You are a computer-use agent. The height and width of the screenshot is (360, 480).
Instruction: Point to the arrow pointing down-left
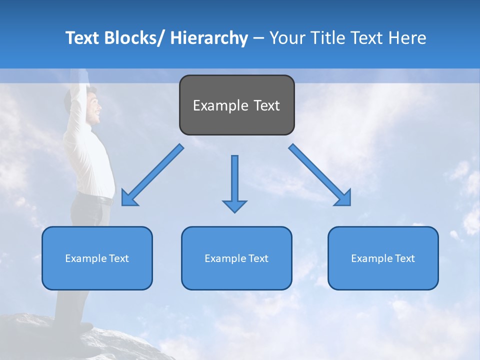click(152, 175)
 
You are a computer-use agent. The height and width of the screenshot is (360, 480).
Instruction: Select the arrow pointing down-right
click(320, 175)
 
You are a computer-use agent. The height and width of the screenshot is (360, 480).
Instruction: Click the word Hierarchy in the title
click(208, 38)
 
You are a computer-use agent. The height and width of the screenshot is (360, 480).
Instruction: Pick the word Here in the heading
click(408, 38)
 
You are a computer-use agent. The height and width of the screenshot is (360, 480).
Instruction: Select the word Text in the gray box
click(266, 105)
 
